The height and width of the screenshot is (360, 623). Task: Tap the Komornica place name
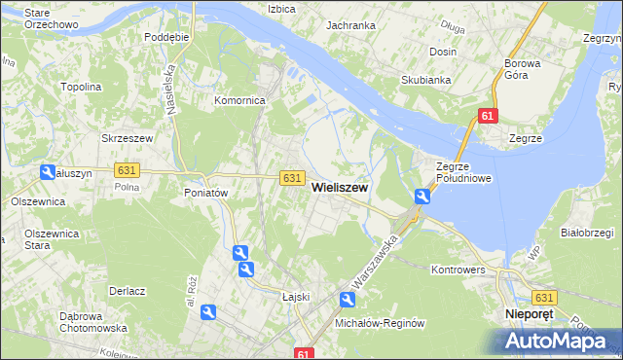(240, 100)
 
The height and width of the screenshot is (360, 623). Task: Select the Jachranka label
(351, 25)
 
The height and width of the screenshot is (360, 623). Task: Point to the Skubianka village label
(425, 81)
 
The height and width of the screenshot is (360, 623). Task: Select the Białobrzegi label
(585, 233)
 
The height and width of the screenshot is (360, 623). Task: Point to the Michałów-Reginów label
(380, 322)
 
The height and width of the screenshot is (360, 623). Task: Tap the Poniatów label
(205, 193)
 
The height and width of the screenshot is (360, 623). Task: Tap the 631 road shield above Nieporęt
(544, 298)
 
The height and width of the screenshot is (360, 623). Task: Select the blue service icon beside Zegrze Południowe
(421, 197)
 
